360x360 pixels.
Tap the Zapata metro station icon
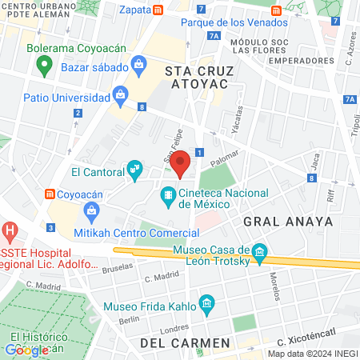[159, 10]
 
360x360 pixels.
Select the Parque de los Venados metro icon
[276, 10]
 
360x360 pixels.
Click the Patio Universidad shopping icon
[120, 96]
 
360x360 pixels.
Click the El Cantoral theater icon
[134, 170]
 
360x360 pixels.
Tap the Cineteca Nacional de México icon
[168, 194]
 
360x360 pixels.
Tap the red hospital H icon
[10, 233]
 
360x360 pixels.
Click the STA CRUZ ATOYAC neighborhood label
[197, 77]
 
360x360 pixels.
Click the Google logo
[26, 349]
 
